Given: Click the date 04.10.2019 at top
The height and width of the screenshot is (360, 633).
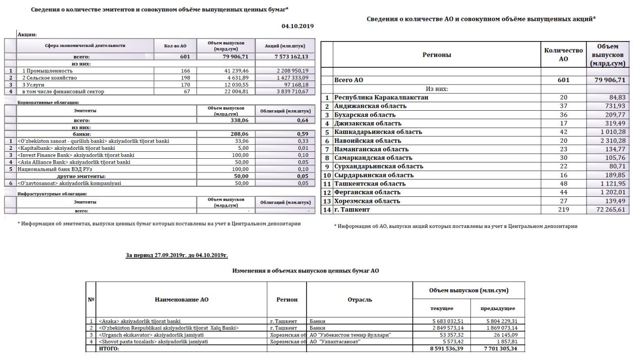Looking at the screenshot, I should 298,26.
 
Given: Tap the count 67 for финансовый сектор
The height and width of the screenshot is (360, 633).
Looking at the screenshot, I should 186,91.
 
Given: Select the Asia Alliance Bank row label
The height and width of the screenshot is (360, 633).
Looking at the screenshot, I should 74,162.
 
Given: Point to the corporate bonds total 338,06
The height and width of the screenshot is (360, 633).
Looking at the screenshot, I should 237,120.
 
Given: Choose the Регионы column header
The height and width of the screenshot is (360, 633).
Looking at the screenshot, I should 437,55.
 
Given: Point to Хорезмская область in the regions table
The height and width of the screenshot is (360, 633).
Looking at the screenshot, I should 367,201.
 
